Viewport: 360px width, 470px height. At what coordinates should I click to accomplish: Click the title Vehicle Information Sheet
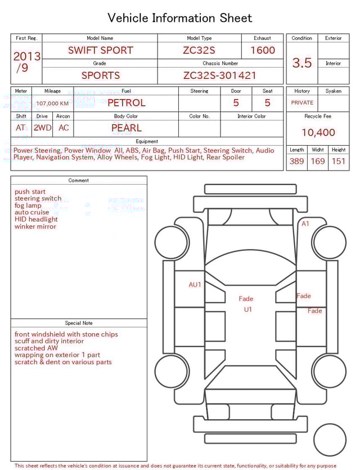180,18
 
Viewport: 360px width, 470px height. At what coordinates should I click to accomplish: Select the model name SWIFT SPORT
100,50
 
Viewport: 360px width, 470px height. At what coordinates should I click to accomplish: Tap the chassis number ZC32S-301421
220,75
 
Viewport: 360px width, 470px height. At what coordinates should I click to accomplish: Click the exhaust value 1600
263,50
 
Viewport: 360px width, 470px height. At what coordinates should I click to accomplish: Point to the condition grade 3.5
302,63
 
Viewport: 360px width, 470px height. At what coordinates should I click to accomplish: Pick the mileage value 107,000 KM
52,104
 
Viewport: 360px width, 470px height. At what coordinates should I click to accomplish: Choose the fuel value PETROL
126,102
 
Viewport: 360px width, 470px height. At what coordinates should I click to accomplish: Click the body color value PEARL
126,128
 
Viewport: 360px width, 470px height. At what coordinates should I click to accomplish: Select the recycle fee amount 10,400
318,133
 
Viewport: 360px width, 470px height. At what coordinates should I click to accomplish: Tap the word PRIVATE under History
302,103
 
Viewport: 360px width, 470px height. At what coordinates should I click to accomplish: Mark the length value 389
296,162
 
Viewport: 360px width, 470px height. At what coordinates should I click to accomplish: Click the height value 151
338,162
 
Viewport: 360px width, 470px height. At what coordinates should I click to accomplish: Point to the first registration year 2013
26,57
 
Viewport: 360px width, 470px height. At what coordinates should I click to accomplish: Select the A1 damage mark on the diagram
305,223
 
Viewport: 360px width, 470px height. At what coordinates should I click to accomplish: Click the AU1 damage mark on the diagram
195,285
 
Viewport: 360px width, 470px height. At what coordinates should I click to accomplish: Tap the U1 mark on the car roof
248,310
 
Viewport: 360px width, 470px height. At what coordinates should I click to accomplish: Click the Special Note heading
79,323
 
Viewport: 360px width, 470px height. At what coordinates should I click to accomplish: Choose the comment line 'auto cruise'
35,213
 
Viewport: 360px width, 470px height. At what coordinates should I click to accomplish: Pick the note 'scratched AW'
37,348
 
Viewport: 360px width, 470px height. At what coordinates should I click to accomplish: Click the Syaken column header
333,91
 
